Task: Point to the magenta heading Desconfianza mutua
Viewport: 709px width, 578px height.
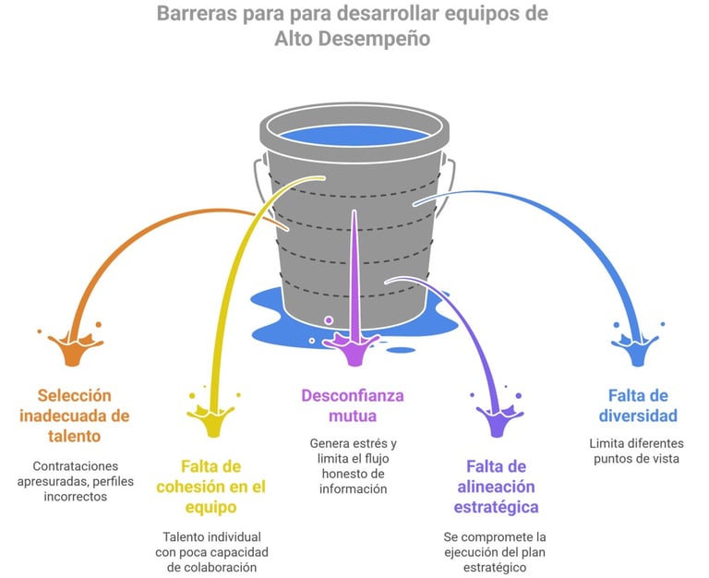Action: pyautogui.click(x=353, y=405)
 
